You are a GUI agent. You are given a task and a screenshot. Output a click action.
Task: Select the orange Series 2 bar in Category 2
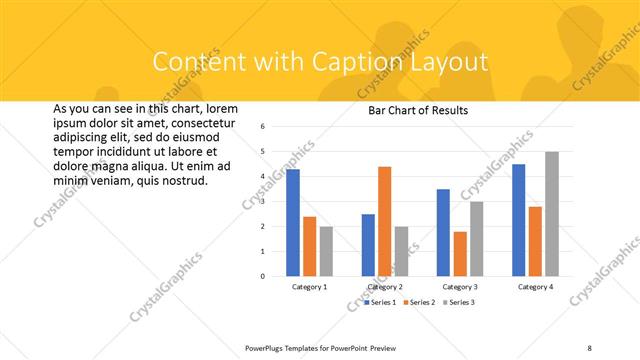point(385,221)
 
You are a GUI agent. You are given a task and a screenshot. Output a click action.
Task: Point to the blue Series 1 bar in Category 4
point(519,220)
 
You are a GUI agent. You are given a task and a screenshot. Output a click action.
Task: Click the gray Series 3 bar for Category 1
point(326,251)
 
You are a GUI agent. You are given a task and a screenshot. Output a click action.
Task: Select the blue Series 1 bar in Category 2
point(368,245)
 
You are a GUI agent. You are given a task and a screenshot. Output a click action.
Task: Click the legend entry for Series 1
point(380,302)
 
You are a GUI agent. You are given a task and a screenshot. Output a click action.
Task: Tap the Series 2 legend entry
point(421,302)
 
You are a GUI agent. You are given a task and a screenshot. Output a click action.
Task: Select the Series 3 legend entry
point(461,302)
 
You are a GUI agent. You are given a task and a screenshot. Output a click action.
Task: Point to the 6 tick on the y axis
point(262,127)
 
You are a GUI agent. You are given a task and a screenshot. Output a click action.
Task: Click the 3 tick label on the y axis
point(262,201)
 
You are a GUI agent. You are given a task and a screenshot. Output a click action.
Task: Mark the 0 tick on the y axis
point(262,276)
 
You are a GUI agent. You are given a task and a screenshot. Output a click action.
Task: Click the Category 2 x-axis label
point(385,287)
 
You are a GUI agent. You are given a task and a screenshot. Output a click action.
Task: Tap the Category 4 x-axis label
point(535,287)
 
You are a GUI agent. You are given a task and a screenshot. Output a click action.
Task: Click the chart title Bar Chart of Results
point(412,110)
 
